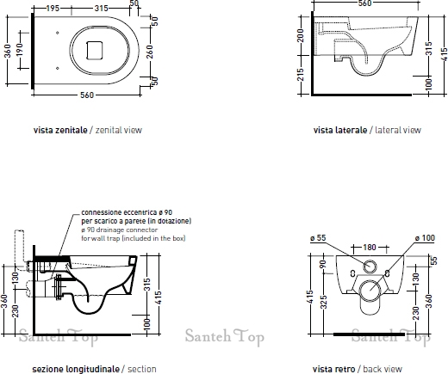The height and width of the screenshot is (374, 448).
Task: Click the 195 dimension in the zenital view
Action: pyautogui.click(x=53, y=9)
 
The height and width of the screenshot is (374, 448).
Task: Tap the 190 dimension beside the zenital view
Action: pyautogui.click(x=20, y=50)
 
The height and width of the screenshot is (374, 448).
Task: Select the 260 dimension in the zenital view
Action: pyautogui.click(x=150, y=52)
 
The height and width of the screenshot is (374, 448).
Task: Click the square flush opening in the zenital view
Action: pyautogui.click(x=95, y=51)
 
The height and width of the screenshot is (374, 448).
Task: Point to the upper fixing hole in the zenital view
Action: pyautogui.click(x=58, y=33)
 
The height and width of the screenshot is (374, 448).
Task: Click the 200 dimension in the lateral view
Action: pyautogui.click(x=301, y=35)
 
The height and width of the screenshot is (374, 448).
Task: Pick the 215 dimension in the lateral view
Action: pyautogui.click(x=301, y=75)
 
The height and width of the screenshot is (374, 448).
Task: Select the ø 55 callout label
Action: pyautogui.click(x=318, y=238)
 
